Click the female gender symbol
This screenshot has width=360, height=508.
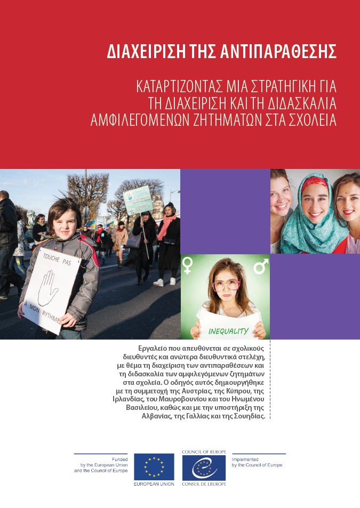click(188, 265)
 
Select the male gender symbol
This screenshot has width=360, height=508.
click(260, 265)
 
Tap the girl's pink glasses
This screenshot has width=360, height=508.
click(226, 285)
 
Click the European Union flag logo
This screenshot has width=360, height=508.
click(154, 466)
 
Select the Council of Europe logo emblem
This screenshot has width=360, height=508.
click(204, 466)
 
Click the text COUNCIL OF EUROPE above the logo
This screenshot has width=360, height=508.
click(204, 451)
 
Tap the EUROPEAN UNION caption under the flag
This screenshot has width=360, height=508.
click(154, 483)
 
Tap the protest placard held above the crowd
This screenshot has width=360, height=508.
click(138, 200)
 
